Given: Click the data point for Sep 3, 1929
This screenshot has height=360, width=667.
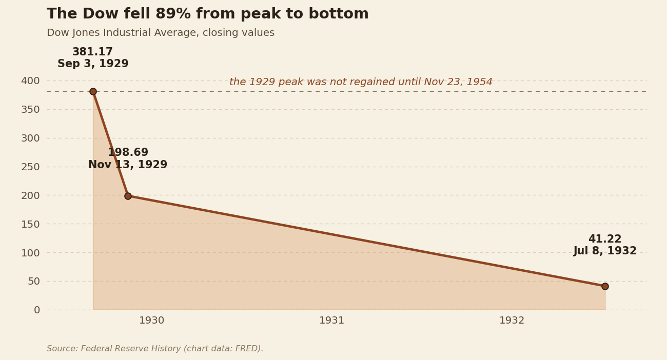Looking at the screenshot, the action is pos(93,91).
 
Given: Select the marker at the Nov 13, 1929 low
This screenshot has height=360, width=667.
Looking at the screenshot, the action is pos(128,196).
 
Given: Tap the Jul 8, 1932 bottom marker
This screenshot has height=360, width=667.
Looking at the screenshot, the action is pos(605,286).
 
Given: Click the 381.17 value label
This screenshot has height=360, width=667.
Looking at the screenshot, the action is pos(92,52).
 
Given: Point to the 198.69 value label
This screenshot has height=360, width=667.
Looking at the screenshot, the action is pos(128,152).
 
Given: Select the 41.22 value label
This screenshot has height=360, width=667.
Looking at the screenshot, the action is pos(605,239).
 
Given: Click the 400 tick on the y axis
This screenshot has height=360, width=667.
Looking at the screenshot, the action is pos(30,81).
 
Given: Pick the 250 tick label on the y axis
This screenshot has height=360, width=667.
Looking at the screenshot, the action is pos(30,167).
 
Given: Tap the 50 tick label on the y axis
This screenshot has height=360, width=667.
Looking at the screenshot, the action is pos(34,281).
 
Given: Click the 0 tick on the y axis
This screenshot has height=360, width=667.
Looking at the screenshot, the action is pos(37,310).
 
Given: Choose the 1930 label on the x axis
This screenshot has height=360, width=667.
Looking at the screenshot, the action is pos(152,321).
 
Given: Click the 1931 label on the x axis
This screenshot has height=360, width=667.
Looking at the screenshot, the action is pos(332,321).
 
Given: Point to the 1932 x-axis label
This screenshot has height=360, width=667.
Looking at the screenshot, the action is pos(512,321).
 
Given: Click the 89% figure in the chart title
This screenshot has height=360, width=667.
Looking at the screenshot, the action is pos(173,14).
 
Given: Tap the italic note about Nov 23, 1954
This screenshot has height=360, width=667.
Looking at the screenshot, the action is pos(361,82).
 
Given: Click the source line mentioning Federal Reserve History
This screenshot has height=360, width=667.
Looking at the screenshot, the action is pos(155,348).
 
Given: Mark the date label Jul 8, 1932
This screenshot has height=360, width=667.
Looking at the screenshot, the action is pos(605,251).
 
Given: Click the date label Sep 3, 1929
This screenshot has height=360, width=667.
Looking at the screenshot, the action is pos(93,64).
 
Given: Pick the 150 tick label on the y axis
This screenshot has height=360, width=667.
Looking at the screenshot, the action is pos(30,224).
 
